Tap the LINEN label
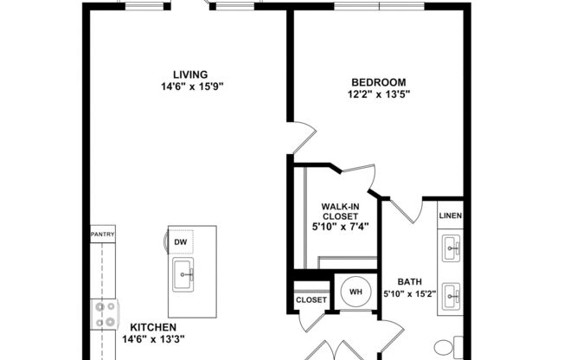[x=450, y=215]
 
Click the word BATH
[x=409, y=282]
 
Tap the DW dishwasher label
[x=181, y=242]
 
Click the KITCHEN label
[x=154, y=327]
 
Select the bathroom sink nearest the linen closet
[x=451, y=250]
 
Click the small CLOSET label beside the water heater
[x=311, y=300]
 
